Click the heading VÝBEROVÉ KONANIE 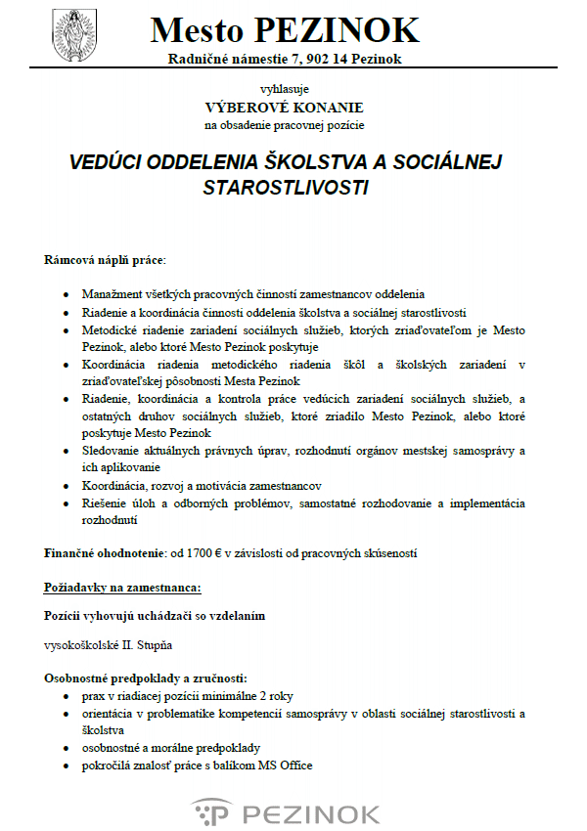284,107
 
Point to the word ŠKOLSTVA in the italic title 315,161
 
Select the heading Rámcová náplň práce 106,261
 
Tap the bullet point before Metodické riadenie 66,330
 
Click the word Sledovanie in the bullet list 113,451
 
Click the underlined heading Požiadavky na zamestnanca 122,588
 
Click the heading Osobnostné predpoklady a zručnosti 145,678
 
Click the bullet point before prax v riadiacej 66,696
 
